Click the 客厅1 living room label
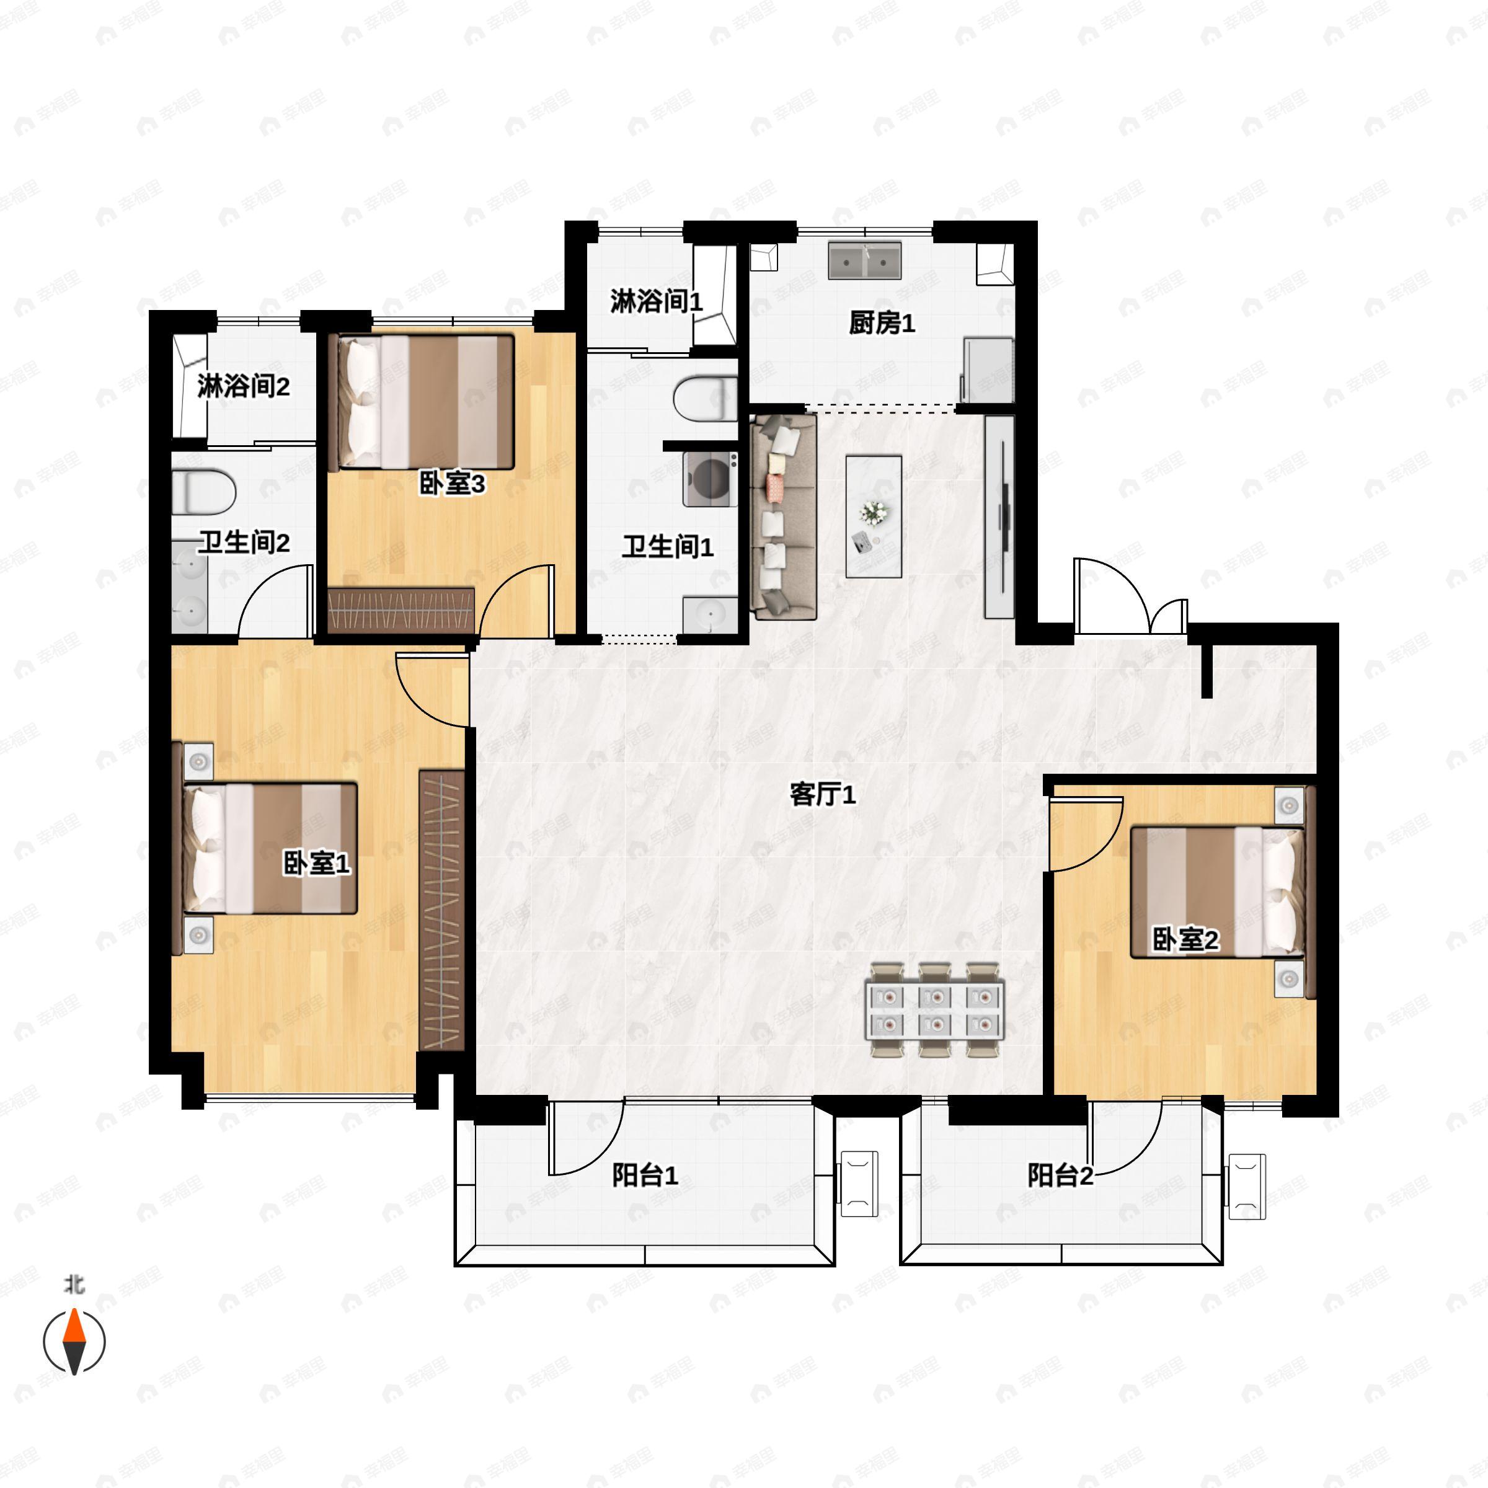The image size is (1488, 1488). point(823,794)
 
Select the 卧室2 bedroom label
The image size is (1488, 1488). point(1185,940)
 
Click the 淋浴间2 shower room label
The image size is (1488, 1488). point(244,386)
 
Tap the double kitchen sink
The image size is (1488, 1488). point(865,261)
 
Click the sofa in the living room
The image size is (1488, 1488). point(783,516)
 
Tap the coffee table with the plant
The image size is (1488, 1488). point(874,515)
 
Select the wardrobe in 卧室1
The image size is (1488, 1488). point(442,909)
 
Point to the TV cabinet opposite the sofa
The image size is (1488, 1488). point(999,516)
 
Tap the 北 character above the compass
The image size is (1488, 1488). point(74,1284)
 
